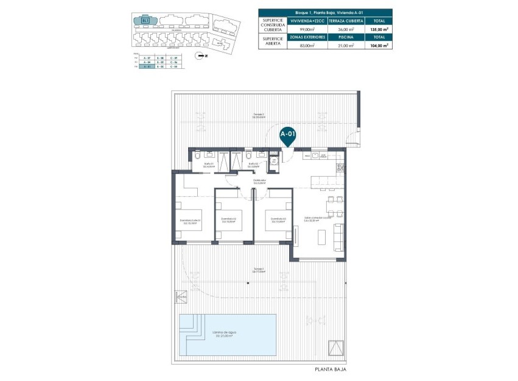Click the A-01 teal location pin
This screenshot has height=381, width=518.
(x=287, y=135)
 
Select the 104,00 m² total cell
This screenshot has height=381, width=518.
(x=377, y=45)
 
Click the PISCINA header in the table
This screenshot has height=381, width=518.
(x=346, y=37)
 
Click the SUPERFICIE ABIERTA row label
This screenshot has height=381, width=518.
(x=273, y=41)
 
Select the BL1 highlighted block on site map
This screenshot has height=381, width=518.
(x=145, y=21)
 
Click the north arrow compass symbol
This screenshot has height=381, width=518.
(x=200, y=55)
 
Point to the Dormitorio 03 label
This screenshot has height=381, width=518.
(x=278, y=220)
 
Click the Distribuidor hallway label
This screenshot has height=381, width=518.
(x=260, y=181)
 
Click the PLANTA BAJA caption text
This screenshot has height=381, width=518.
(x=330, y=369)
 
